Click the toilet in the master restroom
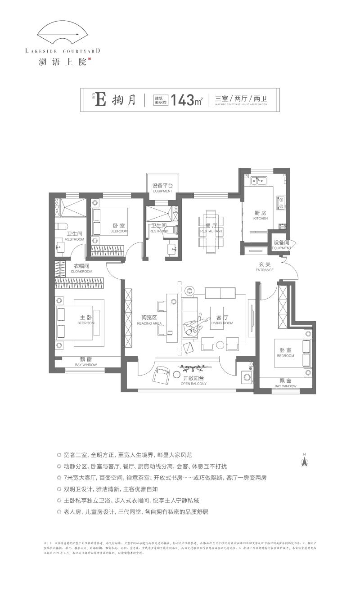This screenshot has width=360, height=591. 61,226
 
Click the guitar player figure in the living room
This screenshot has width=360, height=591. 196,326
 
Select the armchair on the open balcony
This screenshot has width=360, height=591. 161,374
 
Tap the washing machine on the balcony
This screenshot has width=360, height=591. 247,377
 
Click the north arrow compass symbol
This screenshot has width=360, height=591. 304,461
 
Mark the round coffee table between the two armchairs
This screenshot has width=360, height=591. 220,345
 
